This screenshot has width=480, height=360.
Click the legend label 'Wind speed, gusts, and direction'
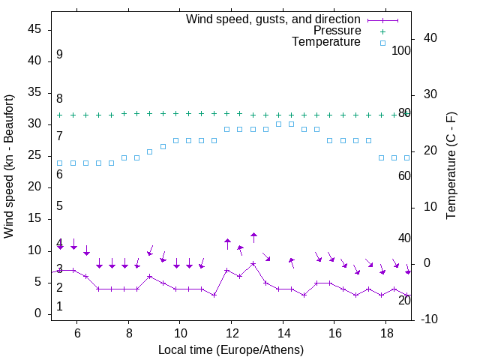273,19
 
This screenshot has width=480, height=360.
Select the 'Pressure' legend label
337,31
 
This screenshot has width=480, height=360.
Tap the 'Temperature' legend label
326,42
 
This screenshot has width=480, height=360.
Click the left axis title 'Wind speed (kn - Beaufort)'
9,166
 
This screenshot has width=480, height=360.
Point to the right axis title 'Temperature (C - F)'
451,166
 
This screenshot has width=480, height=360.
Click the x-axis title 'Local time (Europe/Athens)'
231,350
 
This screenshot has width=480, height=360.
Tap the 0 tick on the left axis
39,313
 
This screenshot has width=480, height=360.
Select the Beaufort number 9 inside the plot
59,55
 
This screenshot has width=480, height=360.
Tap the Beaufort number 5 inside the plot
59,206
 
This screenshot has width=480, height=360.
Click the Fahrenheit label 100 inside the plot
402,50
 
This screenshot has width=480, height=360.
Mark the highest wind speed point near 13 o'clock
253,263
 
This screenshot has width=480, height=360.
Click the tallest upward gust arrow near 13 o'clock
253,238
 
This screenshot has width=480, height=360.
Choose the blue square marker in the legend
382,43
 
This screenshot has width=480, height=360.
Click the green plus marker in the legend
382,31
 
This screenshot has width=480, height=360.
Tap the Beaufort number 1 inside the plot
59,307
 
